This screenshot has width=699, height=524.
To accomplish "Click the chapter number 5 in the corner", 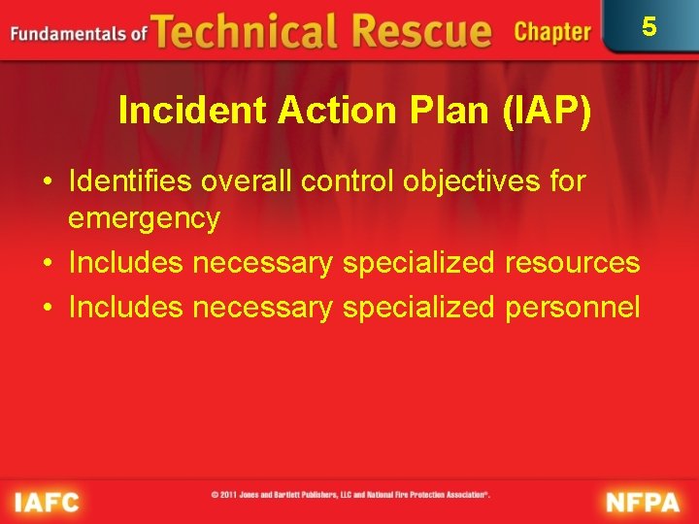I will pyautogui.click(x=649, y=26).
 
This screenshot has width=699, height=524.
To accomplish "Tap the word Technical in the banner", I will pyautogui.click(x=248, y=31).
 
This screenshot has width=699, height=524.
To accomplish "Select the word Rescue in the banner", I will pyautogui.click(x=418, y=31).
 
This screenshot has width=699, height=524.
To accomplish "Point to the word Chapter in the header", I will pyautogui.click(x=551, y=32).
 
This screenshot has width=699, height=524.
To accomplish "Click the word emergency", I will pyautogui.click(x=144, y=218).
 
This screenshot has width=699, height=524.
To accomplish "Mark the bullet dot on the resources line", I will pyautogui.click(x=47, y=264).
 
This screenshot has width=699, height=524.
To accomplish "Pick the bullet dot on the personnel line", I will pyautogui.click(x=47, y=309).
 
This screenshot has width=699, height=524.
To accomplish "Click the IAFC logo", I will pyautogui.click(x=47, y=501).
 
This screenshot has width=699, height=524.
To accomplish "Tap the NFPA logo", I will pyautogui.click(x=644, y=501).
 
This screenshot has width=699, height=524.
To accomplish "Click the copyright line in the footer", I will pyautogui.click(x=350, y=495).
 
